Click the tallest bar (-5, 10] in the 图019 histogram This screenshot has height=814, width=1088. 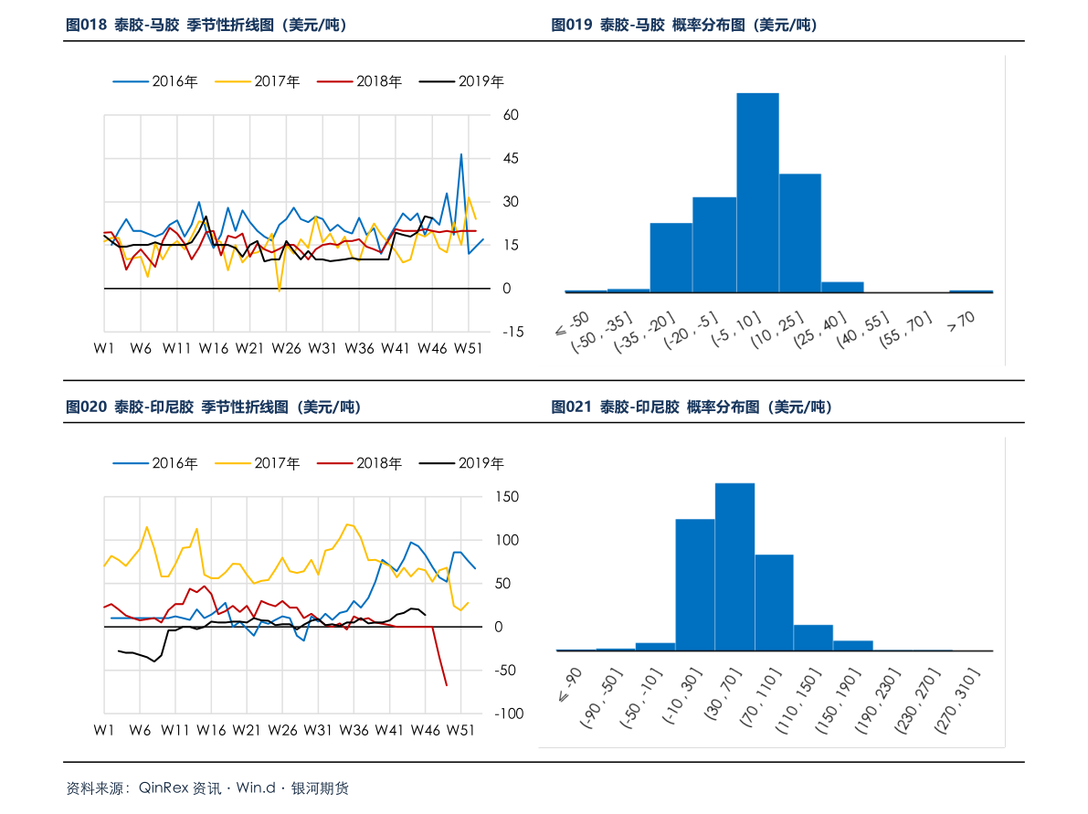[757, 193]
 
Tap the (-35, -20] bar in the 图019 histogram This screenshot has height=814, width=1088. [671, 257]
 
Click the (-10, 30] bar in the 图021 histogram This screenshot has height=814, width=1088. [694, 584]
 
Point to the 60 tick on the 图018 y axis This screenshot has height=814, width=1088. [511, 115]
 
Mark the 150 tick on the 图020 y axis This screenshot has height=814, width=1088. [507, 497]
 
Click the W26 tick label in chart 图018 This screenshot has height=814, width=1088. [286, 348]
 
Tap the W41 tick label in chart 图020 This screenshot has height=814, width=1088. [390, 730]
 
